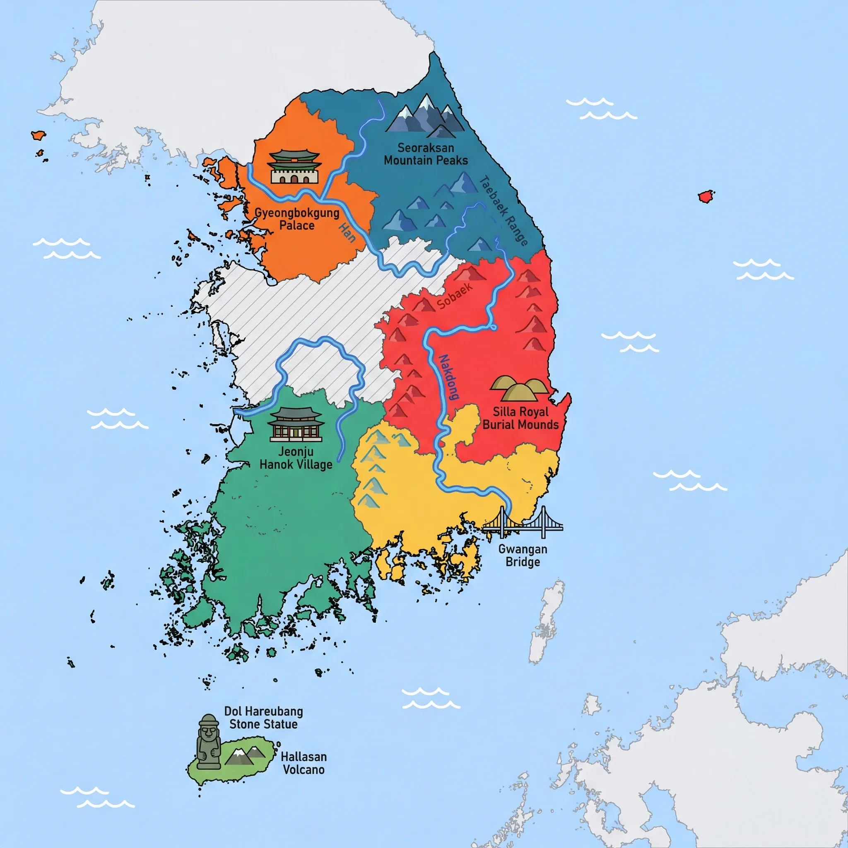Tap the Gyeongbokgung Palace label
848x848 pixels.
click(x=297, y=219)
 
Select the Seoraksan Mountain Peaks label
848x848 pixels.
click(x=426, y=154)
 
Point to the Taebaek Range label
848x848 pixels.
click(x=503, y=210)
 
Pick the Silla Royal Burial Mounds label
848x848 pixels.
click(x=520, y=418)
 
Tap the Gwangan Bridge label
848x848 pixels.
click(x=522, y=556)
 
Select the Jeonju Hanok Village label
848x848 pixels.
click(x=296, y=458)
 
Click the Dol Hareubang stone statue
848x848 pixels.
click(x=208, y=742)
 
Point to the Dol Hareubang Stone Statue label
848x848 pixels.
click(x=263, y=718)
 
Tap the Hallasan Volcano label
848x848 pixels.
click(x=303, y=763)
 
